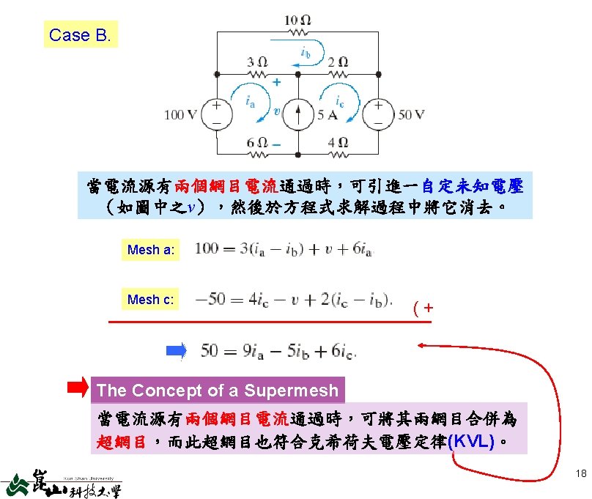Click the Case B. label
pyautogui.click(x=81, y=34)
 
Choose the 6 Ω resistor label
pyautogui.click(x=256, y=142)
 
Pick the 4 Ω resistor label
pyautogui.click(x=338, y=142)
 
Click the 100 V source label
pyautogui.click(x=180, y=114)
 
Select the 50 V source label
pyautogui.click(x=411, y=114)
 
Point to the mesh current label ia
pyautogui.click(x=250, y=101)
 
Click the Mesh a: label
pyautogui.click(x=150, y=250)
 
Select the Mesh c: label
pyautogui.click(x=150, y=299)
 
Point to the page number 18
pyautogui.click(x=581, y=473)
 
